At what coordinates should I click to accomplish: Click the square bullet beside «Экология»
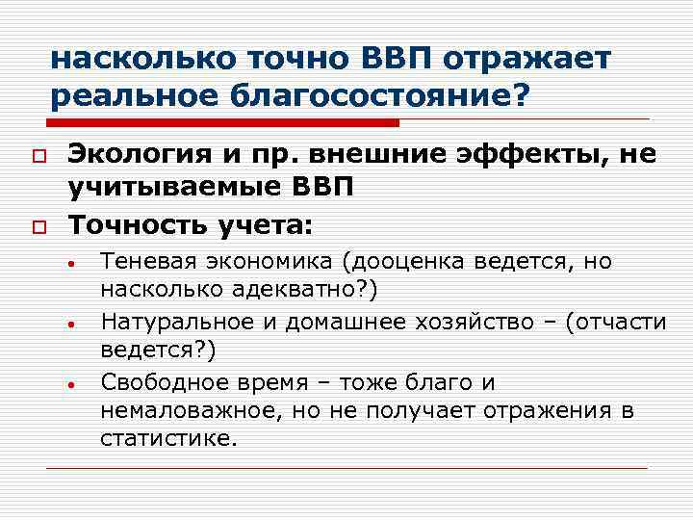38,154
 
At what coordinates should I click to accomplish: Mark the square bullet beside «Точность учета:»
38,226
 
